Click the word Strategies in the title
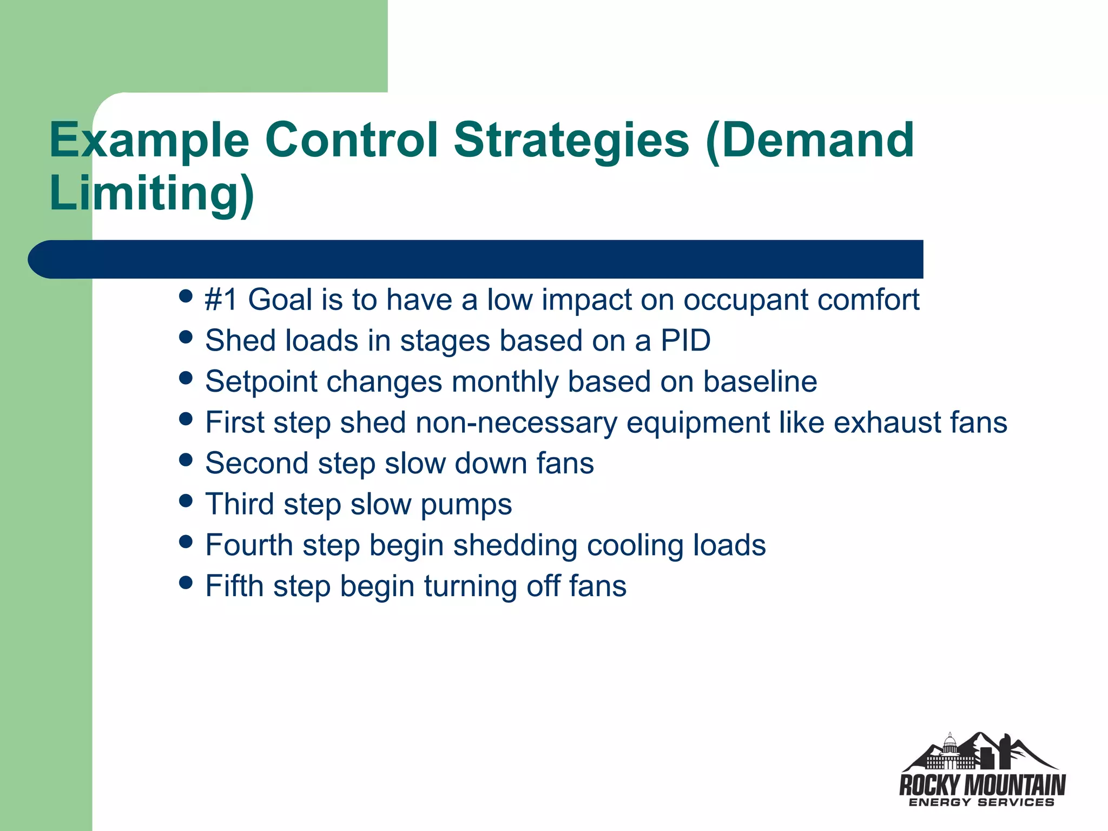point(571,141)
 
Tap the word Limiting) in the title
point(151,193)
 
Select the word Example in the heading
point(149,141)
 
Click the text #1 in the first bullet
point(221,300)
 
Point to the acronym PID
point(685,341)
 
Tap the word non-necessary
point(516,423)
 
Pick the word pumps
point(466,505)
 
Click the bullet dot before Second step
point(186,460)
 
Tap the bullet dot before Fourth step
point(186,542)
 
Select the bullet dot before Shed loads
point(186,338)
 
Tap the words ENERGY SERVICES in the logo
point(981,802)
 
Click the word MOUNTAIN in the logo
point(1015,784)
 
